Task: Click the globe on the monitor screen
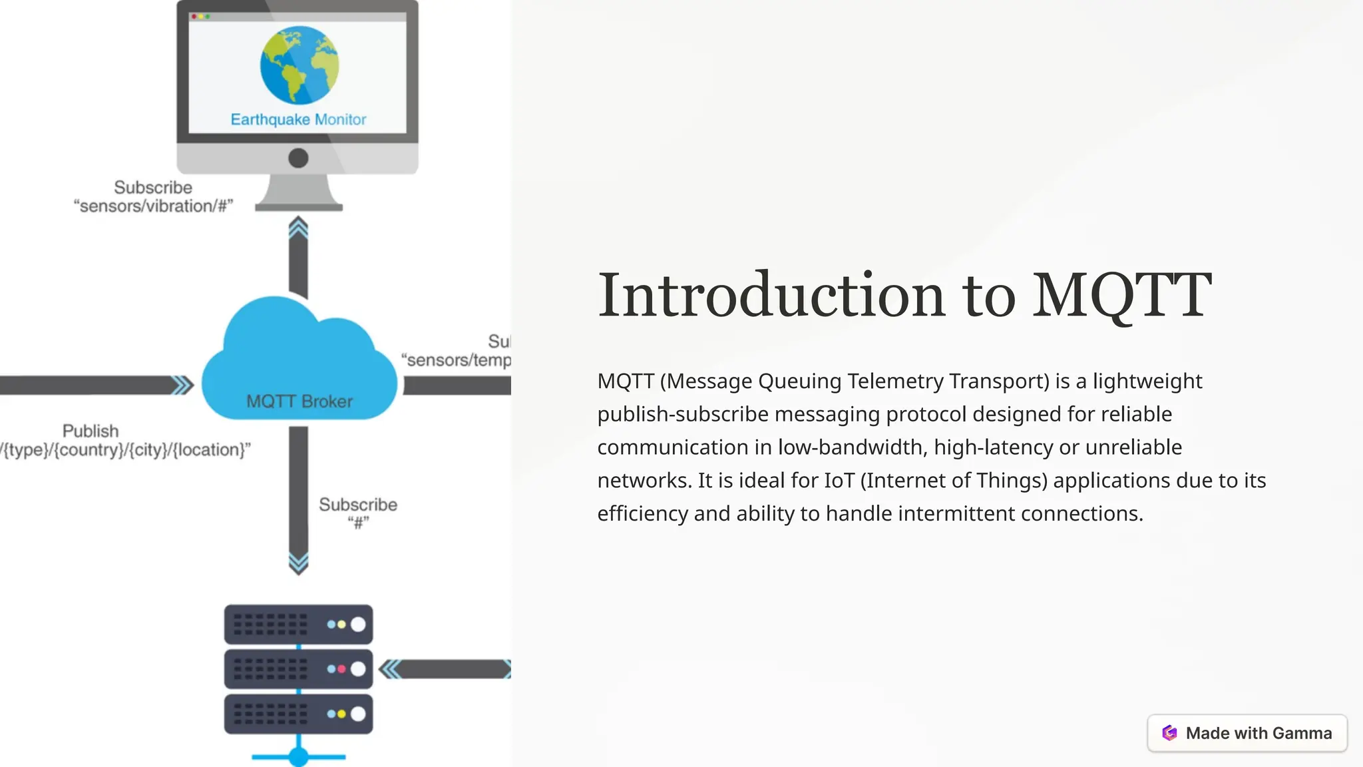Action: point(299,65)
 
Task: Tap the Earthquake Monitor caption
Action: point(298,120)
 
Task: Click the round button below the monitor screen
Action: point(298,158)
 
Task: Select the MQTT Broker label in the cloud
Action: point(299,401)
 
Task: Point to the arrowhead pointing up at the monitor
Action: point(298,228)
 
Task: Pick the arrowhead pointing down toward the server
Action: point(298,563)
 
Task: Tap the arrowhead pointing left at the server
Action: point(391,669)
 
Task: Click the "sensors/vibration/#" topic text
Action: point(153,206)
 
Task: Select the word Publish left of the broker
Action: point(91,431)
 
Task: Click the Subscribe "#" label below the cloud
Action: point(358,513)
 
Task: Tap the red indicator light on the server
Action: point(342,669)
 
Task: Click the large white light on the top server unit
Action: point(358,625)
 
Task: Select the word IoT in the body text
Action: point(839,481)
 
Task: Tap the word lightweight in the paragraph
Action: point(1147,382)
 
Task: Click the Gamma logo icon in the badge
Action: point(1169,733)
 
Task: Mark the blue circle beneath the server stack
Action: point(298,757)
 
